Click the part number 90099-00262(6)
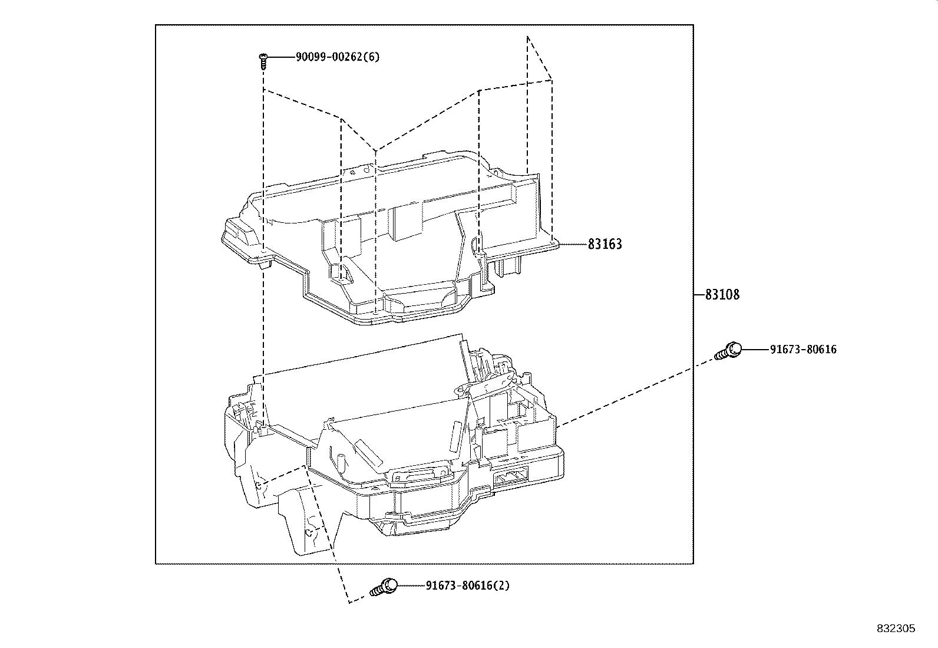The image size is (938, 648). tap(338, 57)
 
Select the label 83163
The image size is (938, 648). tap(605, 244)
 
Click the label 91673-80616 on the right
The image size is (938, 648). tap(802, 350)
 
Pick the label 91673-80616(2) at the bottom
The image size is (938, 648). tap(468, 585)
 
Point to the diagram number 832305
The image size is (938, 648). tap(896, 629)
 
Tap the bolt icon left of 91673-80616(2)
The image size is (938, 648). tap(383, 587)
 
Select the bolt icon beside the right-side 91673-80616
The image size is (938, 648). tap(728, 351)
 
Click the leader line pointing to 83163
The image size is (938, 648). tap(572, 244)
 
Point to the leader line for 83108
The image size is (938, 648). tap(699, 294)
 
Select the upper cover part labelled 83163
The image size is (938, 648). tap(389, 236)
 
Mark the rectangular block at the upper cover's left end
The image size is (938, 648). tap(242, 233)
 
